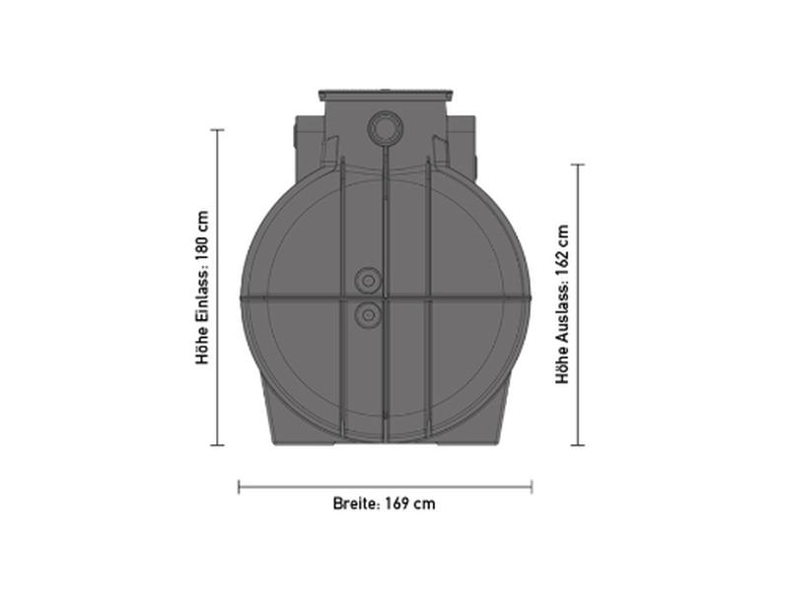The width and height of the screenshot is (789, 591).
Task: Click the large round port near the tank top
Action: [x=384, y=129]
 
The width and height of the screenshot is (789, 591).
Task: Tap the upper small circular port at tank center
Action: [x=368, y=282]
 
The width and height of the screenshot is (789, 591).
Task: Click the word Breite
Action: [x=354, y=503]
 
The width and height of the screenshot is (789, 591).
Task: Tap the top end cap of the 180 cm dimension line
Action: [x=217, y=130]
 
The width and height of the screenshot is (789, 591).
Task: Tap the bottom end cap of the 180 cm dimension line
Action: [x=217, y=444]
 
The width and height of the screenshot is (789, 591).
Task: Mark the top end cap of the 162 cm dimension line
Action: [x=578, y=165]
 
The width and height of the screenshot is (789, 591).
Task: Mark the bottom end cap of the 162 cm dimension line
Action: [x=578, y=444]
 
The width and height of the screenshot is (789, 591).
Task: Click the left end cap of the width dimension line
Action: [x=240, y=486]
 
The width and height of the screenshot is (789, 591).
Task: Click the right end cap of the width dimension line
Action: [x=532, y=486]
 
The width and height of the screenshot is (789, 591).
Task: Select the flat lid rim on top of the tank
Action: [x=385, y=96]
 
